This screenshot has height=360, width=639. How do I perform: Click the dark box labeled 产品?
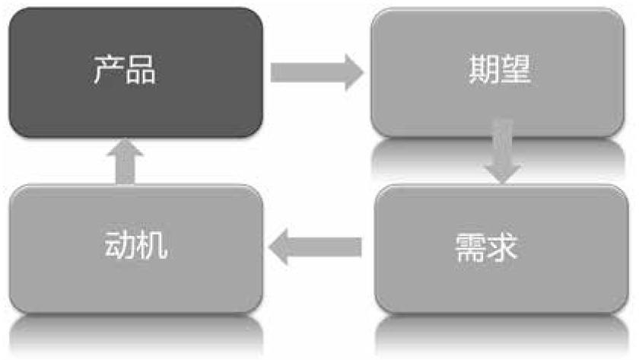point(135,73)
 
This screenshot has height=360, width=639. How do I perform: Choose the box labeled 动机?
point(135,248)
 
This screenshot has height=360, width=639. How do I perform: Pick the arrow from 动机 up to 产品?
point(125,161)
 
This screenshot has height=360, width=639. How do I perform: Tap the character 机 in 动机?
point(152,247)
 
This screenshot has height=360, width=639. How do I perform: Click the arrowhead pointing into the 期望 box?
point(352,73)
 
